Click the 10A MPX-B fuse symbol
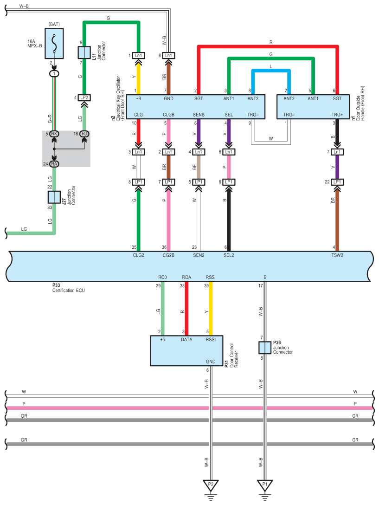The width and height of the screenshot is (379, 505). point(55,42)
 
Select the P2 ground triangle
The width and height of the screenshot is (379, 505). point(211,486)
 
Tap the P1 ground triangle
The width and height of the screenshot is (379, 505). point(265,486)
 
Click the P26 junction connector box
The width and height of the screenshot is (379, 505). point(264,347)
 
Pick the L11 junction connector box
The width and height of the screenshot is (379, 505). point(84,52)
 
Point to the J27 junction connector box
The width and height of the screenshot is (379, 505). point(54,197)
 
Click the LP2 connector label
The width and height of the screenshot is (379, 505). point(84,97)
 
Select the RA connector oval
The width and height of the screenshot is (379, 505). point(54,163)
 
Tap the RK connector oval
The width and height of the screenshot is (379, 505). point(54,134)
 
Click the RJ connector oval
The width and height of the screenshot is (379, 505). point(84,134)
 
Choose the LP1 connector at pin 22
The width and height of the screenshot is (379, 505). point(337,182)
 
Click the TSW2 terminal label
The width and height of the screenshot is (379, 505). point(337,255)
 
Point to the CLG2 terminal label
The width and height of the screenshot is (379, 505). point(138,255)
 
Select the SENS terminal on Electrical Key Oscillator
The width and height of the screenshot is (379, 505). point(199,114)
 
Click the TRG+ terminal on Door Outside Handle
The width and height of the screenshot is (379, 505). point(337,114)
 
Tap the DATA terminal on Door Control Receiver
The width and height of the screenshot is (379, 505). point(186,340)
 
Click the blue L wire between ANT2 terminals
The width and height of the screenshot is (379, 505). point(271,70)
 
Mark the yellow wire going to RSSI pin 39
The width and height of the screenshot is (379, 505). point(211,309)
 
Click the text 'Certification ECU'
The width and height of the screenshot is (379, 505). point(69,290)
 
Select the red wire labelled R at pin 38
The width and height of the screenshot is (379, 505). point(187,309)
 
